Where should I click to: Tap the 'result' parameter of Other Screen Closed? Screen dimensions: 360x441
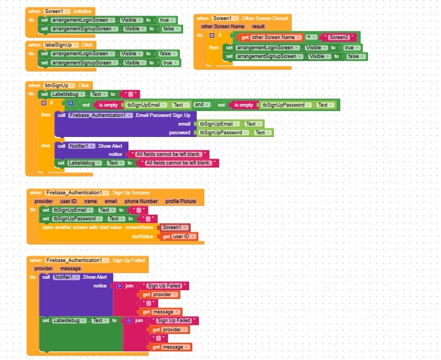(258, 26)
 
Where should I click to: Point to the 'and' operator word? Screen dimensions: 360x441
(199, 105)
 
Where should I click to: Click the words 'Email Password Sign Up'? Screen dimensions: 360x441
(164, 115)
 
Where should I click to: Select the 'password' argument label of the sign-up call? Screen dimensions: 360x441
(179, 133)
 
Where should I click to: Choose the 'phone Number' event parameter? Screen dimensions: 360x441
(141, 201)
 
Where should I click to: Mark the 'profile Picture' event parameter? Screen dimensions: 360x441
(180, 201)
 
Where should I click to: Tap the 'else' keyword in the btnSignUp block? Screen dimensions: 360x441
(46, 146)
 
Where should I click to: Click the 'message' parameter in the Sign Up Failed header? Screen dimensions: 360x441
(70, 269)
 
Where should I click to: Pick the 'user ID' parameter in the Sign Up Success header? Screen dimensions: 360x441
(68, 201)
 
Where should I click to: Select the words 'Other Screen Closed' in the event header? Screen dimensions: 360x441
(265, 18)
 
